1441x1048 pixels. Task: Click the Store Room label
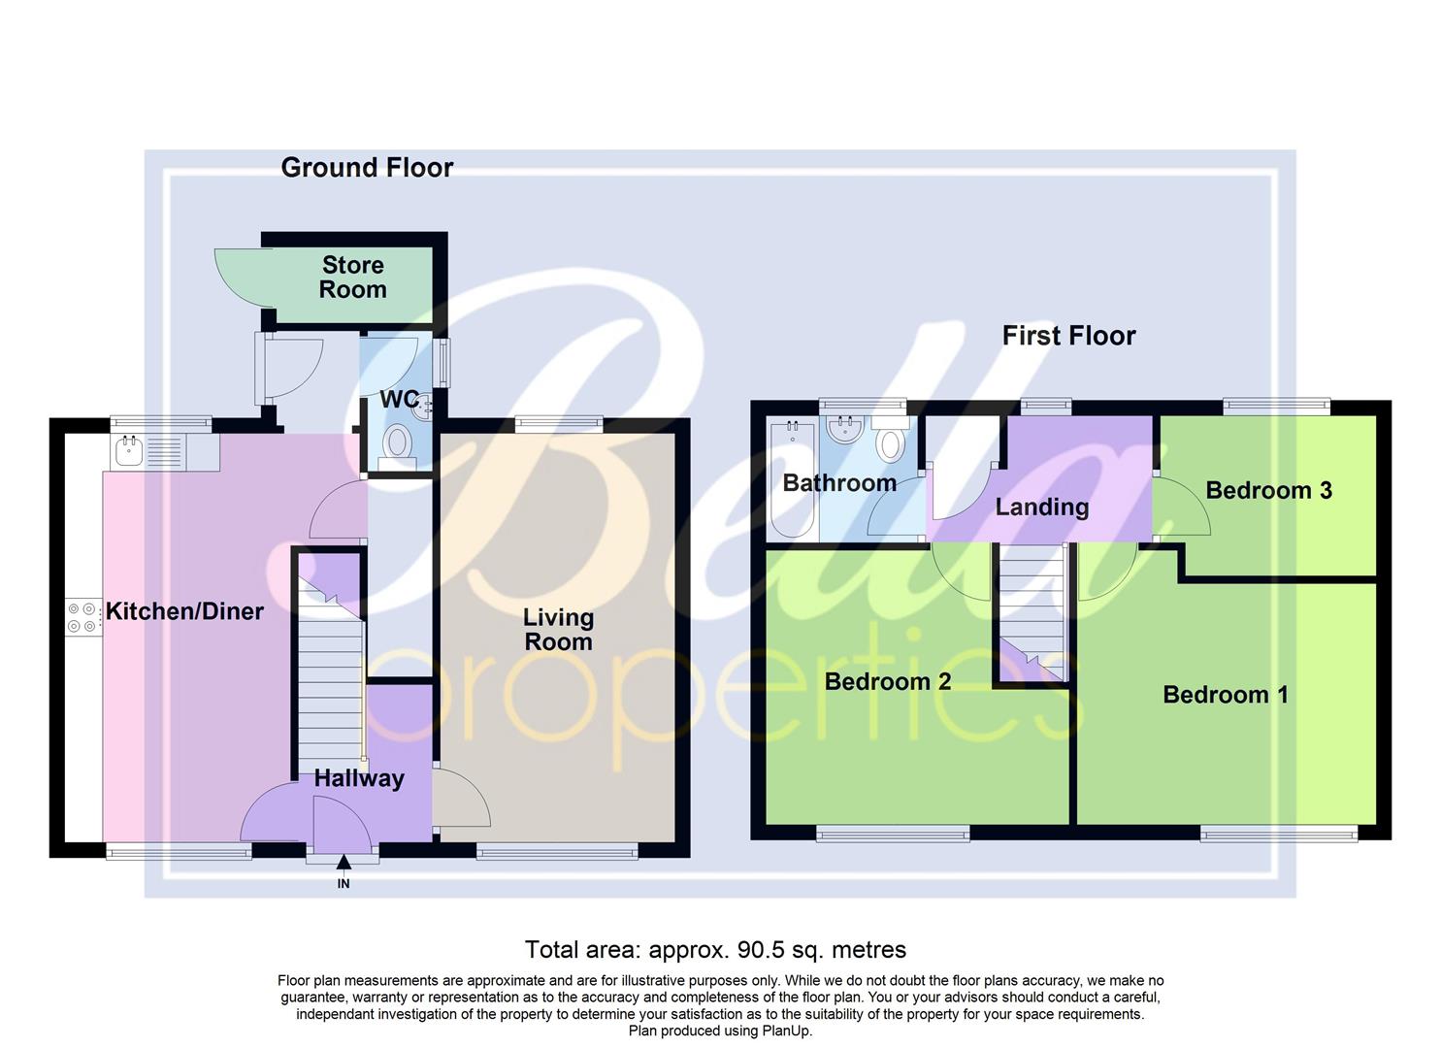(352, 278)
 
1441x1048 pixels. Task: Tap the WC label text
(398, 400)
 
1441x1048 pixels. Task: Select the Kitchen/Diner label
(184, 611)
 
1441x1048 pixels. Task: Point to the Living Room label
(558, 630)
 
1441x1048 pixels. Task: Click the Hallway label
(358, 778)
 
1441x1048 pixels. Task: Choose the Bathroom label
(839, 483)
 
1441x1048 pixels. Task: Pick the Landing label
(1041, 507)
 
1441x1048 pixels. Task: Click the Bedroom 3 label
(1268, 490)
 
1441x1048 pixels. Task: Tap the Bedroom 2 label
(887, 681)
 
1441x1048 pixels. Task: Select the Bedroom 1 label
(1225, 695)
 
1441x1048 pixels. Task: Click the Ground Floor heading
(367, 168)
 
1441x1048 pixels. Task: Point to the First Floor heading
(1068, 336)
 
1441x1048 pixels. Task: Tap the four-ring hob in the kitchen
(82, 617)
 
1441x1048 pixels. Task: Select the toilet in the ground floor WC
(397, 445)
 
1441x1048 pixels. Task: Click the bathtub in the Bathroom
(793, 480)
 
